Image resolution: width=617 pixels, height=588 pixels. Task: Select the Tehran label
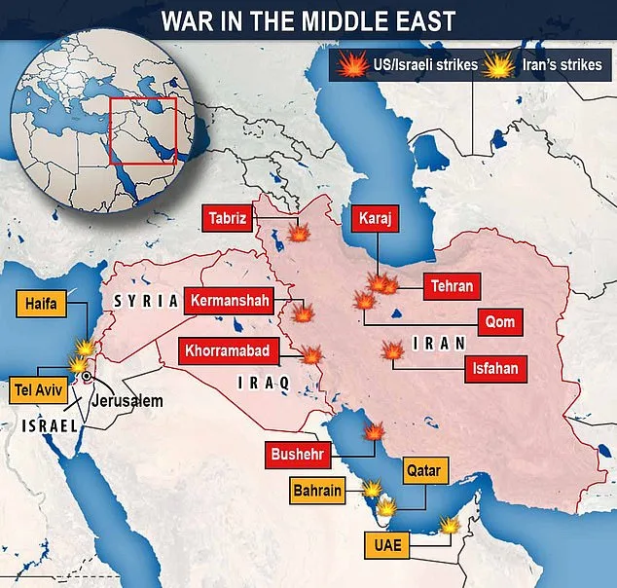pos(453,286)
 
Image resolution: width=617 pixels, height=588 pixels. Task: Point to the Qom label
pos(503,322)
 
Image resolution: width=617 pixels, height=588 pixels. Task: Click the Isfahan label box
pos(495,368)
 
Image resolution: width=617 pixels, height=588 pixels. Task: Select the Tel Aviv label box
pos(37,387)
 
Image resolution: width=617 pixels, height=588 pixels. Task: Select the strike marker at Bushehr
pos(375,432)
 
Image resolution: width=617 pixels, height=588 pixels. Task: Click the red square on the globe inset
pos(142,132)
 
